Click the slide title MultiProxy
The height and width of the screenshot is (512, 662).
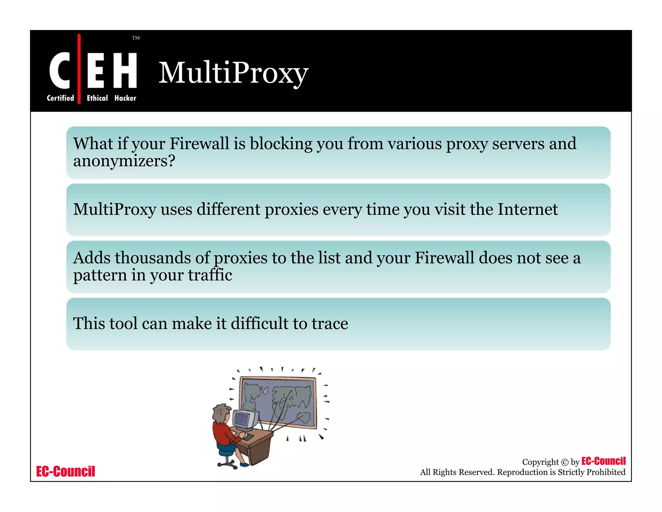coord(233,73)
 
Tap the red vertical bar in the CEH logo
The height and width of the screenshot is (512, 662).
coord(79,69)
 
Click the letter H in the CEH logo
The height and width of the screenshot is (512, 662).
coord(125,70)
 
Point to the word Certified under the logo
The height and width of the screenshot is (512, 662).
coord(60,98)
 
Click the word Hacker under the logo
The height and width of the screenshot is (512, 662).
coord(125,98)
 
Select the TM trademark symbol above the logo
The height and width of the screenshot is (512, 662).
coord(136,38)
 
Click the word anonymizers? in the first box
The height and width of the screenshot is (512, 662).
coord(124,161)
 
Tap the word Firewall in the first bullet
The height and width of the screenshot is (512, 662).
coord(199,143)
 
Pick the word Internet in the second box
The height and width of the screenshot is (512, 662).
coord(528,209)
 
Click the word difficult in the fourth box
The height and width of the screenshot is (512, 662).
coord(259,323)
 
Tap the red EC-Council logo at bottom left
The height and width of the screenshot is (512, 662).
coord(66,472)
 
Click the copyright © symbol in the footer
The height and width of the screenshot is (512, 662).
coord(565,462)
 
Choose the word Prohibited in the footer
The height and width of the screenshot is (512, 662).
coord(606,472)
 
